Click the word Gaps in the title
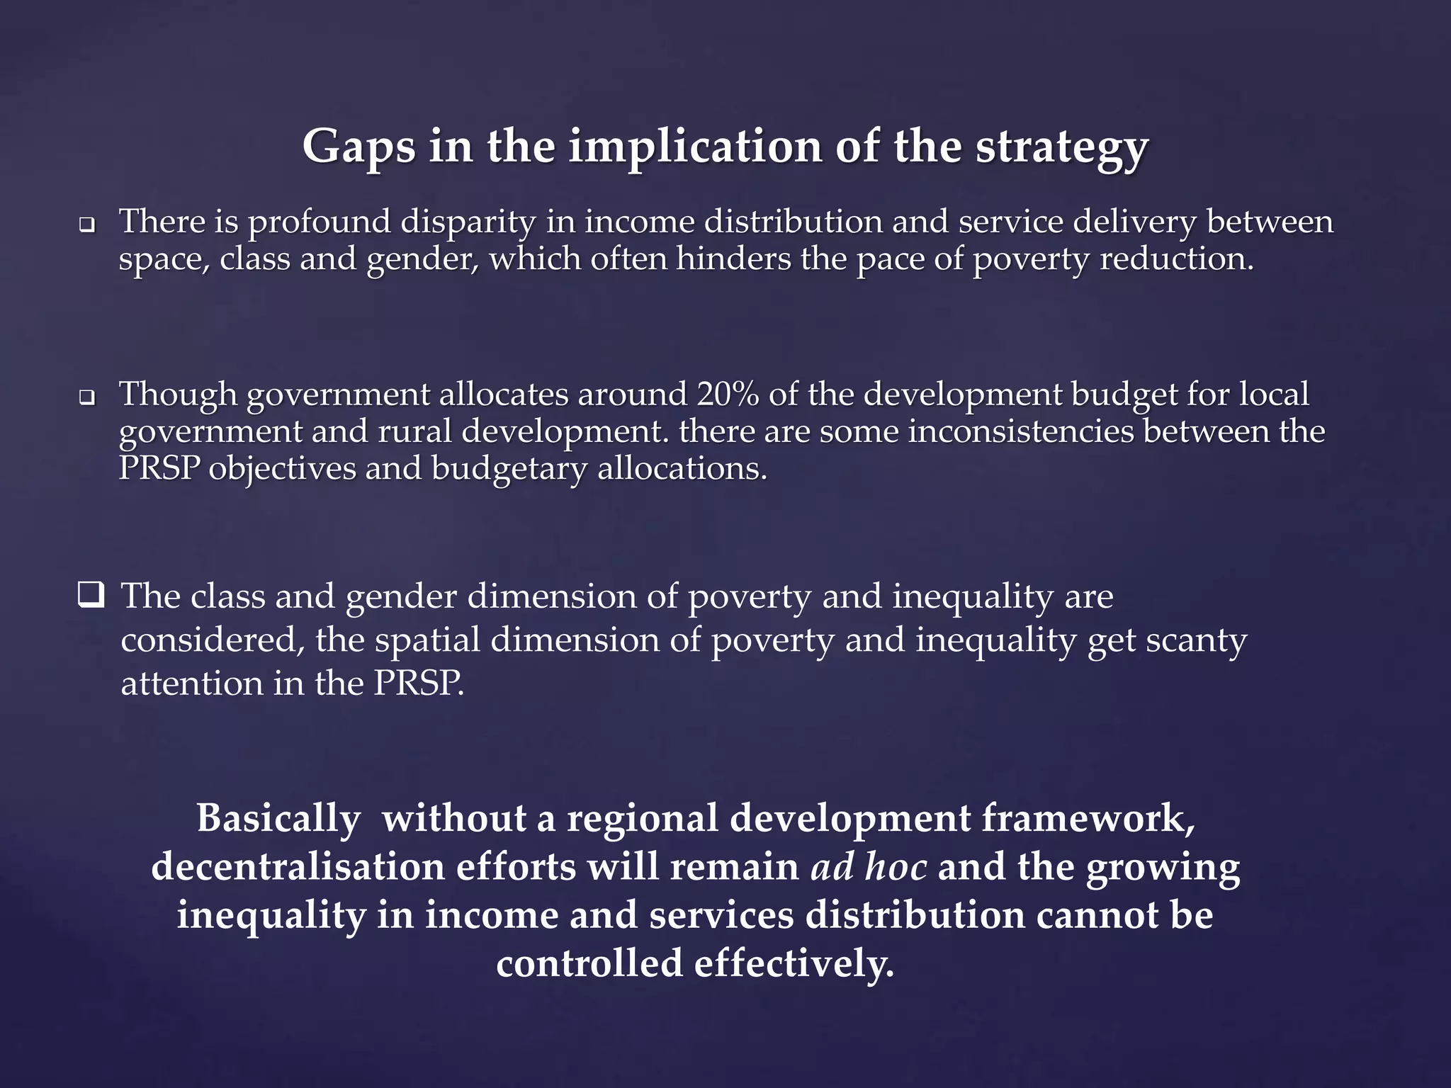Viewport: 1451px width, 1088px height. (358, 147)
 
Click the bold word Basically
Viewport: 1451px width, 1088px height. (278, 818)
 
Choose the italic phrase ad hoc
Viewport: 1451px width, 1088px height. (869, 866)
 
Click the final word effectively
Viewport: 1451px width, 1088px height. (794, 963)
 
